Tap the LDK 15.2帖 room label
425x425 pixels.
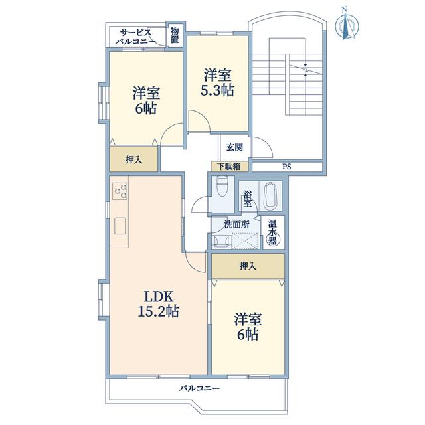(159, 304)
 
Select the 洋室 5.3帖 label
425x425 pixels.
(217, 82)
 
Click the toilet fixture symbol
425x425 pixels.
(222, 186)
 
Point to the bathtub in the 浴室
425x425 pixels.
(270, 196)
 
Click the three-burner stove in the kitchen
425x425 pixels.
(120, 191)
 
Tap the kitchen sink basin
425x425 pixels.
(120, 226)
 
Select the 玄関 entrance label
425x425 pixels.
(234, 148)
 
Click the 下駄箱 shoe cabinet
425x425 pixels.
(229, 167)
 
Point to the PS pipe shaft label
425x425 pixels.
(286, 167)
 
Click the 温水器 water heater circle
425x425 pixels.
(272, 240)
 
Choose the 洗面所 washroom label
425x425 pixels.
(236, 224)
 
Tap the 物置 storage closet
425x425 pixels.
(175, 35)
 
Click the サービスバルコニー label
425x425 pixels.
(135, 37)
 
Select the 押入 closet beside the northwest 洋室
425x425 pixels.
(133, 159)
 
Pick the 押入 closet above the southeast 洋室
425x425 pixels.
(248, 266)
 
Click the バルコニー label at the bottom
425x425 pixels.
(199, 388)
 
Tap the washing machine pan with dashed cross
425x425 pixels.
(244, 240)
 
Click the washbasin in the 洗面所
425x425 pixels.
(222, 240)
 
